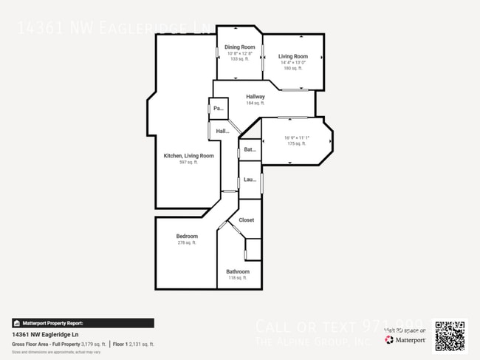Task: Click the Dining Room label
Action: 240,47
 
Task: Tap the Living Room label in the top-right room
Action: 292,56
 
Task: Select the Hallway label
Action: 256,97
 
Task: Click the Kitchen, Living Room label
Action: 188,156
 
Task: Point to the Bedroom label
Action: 187,237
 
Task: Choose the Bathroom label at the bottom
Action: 238,271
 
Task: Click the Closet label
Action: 246,220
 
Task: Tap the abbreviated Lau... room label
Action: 250,179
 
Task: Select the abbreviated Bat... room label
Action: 250,150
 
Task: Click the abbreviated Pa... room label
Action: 218,109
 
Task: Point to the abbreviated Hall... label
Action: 222,132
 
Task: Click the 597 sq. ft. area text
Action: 188,163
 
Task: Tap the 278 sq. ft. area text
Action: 187,243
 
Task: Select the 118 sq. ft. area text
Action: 238,278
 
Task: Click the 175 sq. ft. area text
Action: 296,143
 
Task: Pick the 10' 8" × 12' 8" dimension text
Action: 240,53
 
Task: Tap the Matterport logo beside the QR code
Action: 405,340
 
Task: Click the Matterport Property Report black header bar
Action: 83,323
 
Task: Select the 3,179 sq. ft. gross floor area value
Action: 94,344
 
